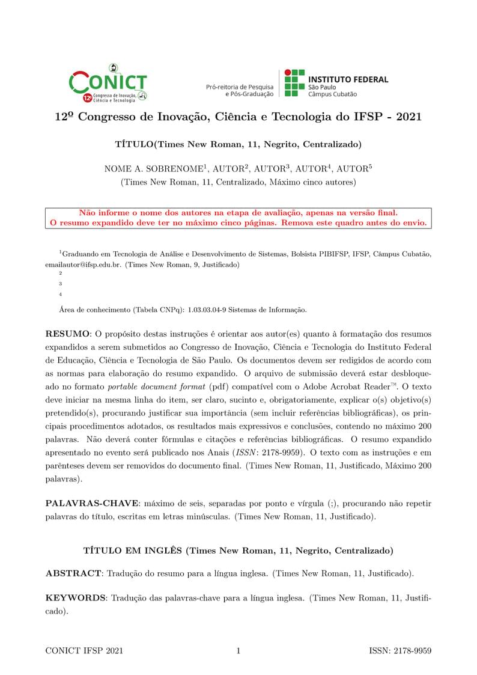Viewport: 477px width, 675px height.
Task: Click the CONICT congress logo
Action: click(108, 82)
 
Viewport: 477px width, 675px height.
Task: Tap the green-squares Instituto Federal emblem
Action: click(294, 83)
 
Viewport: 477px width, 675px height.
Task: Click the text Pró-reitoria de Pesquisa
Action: click(239, 87)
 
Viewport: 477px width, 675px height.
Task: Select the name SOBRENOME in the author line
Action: click(175, 169)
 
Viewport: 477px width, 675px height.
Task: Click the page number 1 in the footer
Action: click(239, 651)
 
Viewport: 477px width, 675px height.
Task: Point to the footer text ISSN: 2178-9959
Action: click(400, 651)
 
